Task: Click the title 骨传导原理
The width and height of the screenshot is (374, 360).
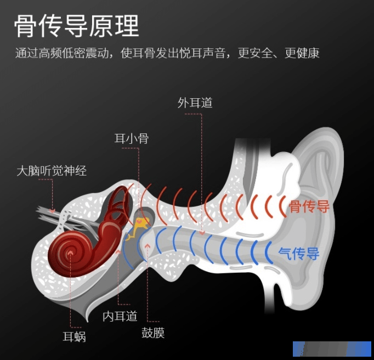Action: point(77,26)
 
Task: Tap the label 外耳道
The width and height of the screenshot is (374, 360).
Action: point(195,103)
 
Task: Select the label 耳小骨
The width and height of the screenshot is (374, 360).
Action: point(132,138)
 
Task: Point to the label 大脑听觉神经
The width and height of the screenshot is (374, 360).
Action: point(52,171)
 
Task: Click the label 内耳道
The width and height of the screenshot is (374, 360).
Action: point(120,316)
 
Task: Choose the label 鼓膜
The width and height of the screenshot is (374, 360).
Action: point(153,333)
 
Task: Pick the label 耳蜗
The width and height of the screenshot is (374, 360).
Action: point(74,336)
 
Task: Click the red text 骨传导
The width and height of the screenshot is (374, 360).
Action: point(309,206)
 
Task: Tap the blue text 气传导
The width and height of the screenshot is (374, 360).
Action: point(299,254)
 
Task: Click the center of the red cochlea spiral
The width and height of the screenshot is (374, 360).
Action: point(70,252)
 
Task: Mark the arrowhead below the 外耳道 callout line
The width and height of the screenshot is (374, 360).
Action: point(202,233)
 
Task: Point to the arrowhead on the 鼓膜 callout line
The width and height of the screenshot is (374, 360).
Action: point(148,246)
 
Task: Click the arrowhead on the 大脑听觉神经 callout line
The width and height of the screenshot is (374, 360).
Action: point(52,211)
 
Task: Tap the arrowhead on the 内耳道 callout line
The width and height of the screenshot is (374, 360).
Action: point(118,252)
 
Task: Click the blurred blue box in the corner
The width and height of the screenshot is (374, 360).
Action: point(332,349)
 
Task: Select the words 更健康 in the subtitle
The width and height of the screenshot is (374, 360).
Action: point(302,53)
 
